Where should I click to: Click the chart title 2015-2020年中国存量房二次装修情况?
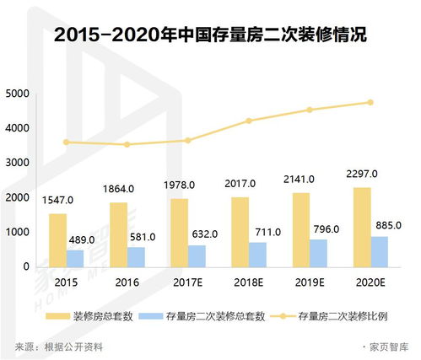coord(210,36)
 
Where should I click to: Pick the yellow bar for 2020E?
coord(361,226)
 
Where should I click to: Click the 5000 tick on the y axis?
coord(18,94)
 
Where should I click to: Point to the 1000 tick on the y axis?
coord(18,232)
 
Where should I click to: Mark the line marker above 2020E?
coord(370,103)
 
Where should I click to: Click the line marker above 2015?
coord(67,142)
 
